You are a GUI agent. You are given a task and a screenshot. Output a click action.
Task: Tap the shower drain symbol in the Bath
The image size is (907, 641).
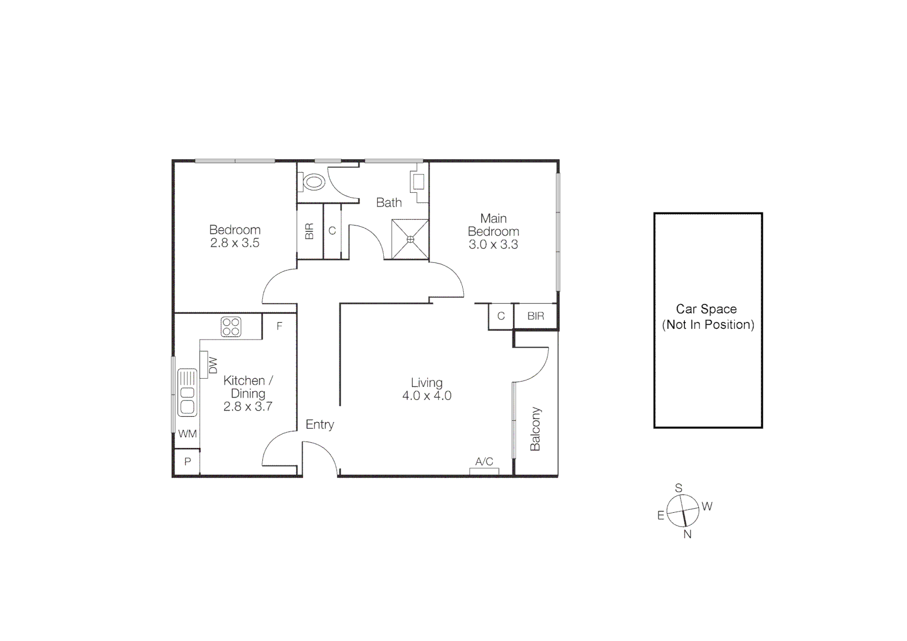[410, 239]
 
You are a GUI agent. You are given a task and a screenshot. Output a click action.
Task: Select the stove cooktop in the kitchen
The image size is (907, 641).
[231, 326]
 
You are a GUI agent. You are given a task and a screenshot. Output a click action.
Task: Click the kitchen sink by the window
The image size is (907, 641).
[187, 392]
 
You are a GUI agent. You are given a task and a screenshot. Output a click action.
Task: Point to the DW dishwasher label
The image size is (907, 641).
[213, 366]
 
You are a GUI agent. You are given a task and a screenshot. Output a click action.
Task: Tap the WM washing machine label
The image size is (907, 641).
[187, 434]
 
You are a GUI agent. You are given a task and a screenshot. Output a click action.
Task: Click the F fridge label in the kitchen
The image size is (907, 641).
[279, 326]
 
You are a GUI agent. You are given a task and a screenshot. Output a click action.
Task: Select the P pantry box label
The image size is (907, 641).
[187, 462]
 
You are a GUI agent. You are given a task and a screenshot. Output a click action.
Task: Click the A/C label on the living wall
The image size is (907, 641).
[484, 462]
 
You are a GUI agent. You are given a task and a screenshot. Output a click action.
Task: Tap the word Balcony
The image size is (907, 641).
[535, 429]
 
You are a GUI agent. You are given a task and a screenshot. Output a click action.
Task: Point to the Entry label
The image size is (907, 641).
[320, 424]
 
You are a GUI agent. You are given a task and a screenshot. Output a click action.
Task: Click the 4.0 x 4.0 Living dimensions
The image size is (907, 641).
[427, 396]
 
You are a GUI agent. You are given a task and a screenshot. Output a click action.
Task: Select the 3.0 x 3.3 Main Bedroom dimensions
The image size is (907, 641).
[493, 244]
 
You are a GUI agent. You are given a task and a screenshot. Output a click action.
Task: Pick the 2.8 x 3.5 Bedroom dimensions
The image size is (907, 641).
[235, 243]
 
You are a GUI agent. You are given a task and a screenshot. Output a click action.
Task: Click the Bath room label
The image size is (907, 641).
[389, 202]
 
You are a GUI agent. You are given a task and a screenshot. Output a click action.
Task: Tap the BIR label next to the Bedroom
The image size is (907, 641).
[309, 231]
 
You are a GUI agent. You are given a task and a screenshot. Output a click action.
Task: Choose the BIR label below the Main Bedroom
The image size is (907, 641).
[536, 316]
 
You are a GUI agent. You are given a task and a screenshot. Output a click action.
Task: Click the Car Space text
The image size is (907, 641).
[706, 309]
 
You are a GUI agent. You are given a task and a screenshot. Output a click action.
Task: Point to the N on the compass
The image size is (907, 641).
[688, 534]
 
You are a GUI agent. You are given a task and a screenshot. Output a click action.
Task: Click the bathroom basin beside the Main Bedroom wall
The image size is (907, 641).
[418, 180]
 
